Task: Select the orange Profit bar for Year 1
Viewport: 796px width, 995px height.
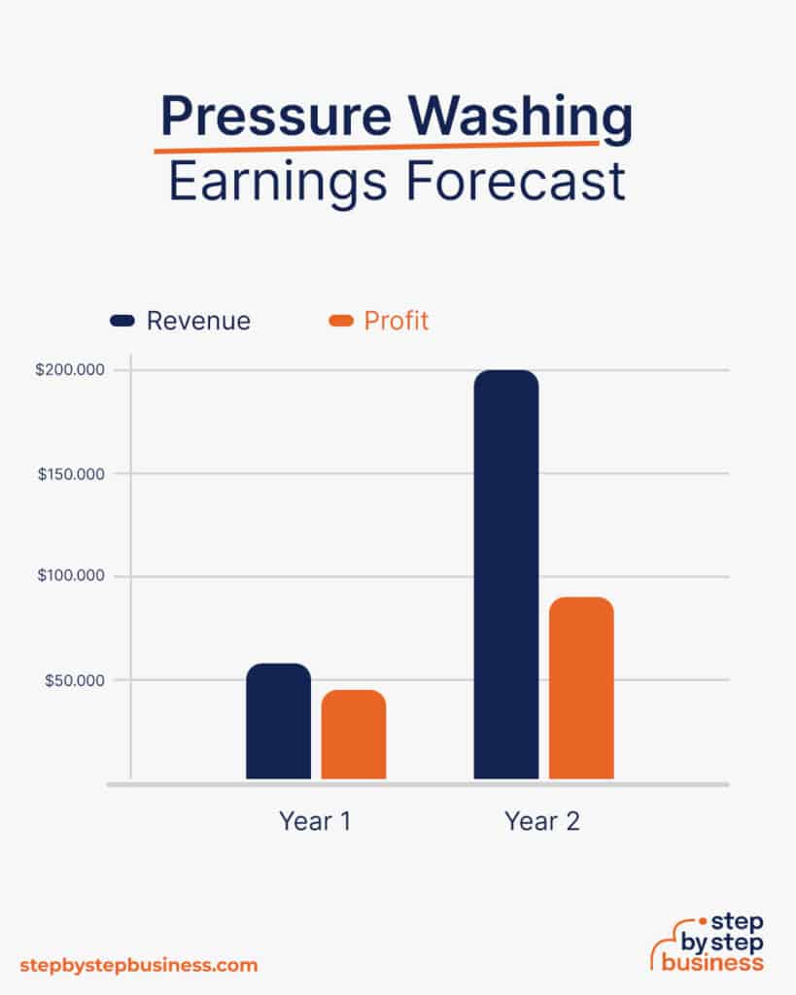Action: coord(354,735)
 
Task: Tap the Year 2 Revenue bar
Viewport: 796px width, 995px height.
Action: coord(505,574)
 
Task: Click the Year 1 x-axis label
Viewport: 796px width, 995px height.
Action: coord(315,821)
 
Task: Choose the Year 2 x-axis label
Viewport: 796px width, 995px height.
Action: coord(542,821)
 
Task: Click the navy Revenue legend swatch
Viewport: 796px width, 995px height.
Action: coord(122,321)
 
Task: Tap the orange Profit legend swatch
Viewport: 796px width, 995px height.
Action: coord(341,321)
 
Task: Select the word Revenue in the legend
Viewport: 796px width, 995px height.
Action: coord(198,321)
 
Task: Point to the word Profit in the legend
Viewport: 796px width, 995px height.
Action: coord(397,321)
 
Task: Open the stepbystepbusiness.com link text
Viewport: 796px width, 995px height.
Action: coord(139,965)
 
